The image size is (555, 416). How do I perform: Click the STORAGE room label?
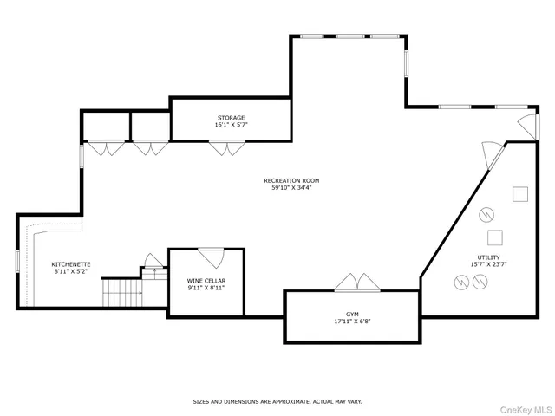coord(231,117)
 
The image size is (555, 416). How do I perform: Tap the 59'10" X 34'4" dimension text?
coord(287,188)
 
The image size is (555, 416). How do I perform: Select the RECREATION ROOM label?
coord(287,180)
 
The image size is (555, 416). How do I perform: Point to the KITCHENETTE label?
coord(71,263)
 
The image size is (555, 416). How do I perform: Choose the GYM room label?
coord(352,314)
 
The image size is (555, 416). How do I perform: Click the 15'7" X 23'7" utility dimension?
coord(486,264)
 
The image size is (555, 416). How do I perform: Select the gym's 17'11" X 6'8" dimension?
coord(352,322)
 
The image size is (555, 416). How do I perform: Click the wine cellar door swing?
coord(211,257)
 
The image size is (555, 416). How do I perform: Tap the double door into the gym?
coord(356,283)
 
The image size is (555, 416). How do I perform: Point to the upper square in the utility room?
coord(520,193)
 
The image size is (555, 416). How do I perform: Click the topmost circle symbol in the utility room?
coord(486,213)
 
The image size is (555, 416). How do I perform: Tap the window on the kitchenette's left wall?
coord(17,260)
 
